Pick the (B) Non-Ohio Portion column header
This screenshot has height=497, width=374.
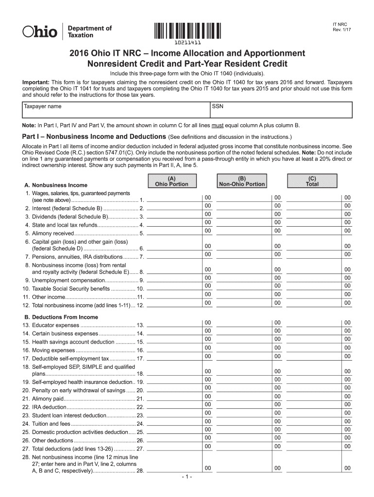(242, 181)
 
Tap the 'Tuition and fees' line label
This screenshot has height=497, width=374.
(51, 424)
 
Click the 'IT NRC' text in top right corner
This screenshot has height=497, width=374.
(340, 23)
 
